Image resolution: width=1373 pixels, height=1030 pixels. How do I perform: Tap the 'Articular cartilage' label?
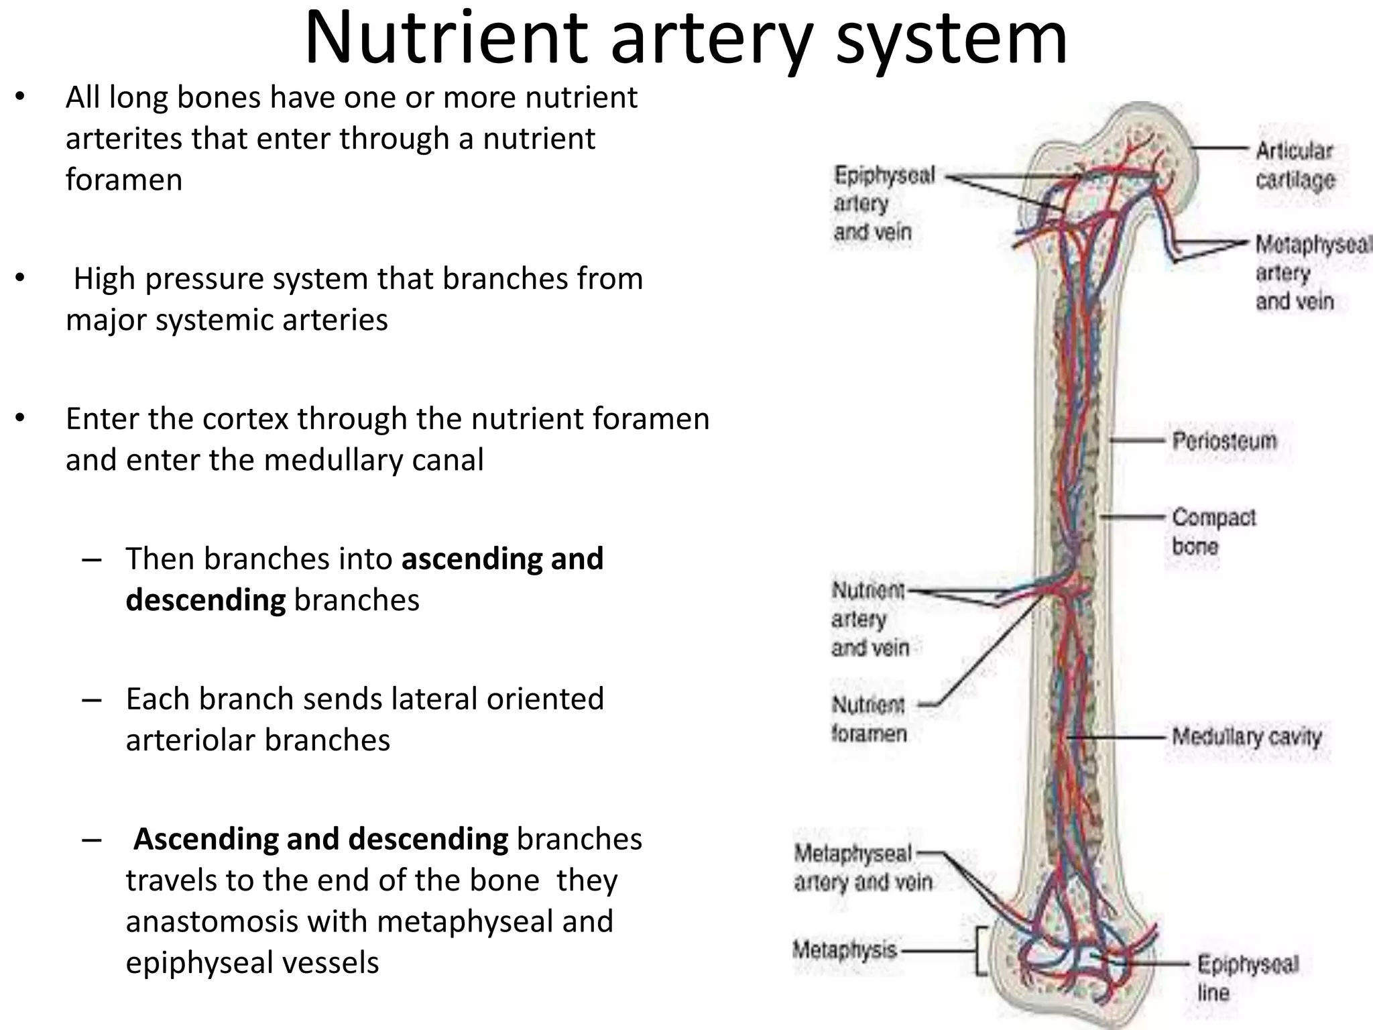(x=1295, y=165)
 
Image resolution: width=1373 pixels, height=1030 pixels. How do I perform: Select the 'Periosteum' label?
(x=1224, y=441)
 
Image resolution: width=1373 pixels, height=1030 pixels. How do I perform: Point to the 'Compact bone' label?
(x=1213, y=531)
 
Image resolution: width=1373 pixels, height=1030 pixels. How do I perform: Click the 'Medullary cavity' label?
(x=1246, y=737)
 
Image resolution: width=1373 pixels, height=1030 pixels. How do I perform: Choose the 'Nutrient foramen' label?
(x=869, y=719)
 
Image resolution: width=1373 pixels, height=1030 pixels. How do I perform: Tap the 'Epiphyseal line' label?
(x=1246, y=978)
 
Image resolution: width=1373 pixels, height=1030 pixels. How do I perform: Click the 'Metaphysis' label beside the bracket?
(x=845, y=950)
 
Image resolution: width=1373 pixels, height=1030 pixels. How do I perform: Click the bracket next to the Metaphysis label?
(x=981, y=951)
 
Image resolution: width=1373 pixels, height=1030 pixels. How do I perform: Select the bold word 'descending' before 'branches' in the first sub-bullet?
(x=205, y=599)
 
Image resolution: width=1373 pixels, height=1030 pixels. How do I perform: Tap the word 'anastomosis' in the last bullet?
(x=245, y=921)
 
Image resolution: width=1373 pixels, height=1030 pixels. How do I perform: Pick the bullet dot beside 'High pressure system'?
(x=20, y=278)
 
